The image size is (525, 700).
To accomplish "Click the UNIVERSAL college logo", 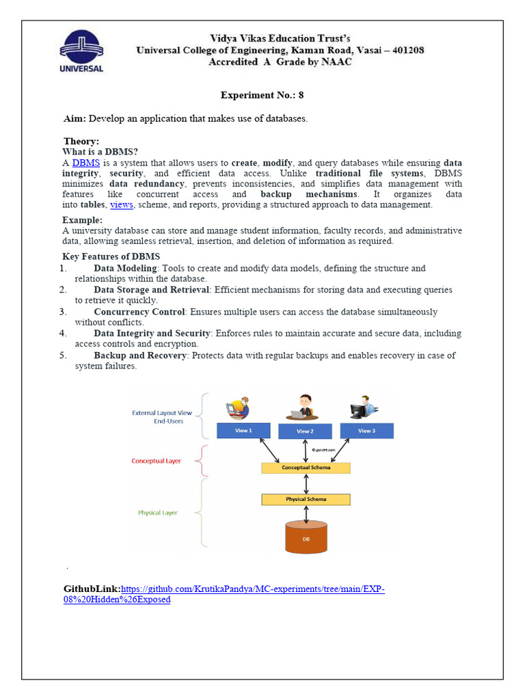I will pyautogui.click(x=82, y=49).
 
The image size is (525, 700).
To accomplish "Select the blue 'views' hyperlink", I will pyautogui.click(x=122, y=204).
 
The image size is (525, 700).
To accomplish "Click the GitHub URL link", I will pyautogui.click(x=252, y=589).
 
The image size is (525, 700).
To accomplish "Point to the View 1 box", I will pyautogui.click(x=244, y=431).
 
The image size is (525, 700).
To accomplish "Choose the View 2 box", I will pyautogui.click(x=305, y=431).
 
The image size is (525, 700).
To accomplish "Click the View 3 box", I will pyautogui.click(x=366, y=431).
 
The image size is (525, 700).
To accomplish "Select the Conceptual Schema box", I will pyautogui.click(x=306, y=468).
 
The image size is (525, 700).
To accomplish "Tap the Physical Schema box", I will pyautogui.click(x=306, y=499).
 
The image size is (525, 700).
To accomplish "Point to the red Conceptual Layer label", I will pyautogui.click(x=157, y=461).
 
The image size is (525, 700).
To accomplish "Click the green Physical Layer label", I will pyautogui.click(x=158, y=512).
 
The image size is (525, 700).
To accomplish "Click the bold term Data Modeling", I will pyautogui.click(x=126, y=268).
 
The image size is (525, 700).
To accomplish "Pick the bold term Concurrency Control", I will pyautogui.click(x=139, y=312).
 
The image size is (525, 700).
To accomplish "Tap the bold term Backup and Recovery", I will pyautogui.click(x=139, y=355).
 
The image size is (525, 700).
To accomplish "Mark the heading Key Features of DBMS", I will pyautogui.click(x=111, y=256).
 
